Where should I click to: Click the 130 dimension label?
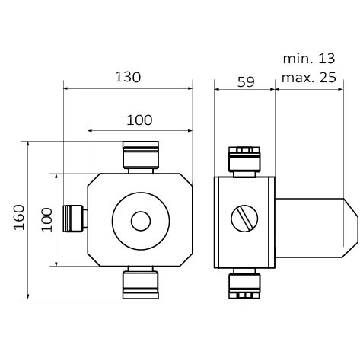click(128, 77)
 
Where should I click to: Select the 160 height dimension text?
click(19, 217)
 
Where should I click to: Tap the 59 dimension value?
click(246, 82)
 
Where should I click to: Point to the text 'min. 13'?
click(309, 59)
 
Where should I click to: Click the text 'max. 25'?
click(309, 78)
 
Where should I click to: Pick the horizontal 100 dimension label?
click(139, 120)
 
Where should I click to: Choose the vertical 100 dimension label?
click(47, 220)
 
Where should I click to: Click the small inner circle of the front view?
click(141, 221)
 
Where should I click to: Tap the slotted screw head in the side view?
click(244, 219)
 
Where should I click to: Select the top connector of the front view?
click(141, 158)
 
